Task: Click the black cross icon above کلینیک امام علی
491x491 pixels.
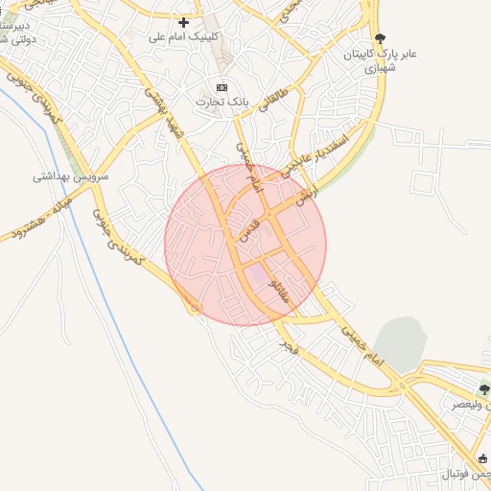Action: point(183,22)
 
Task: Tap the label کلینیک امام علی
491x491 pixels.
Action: point(184,36)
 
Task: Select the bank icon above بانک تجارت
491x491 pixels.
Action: point(222,87)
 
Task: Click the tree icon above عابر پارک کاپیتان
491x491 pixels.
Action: point(381,38)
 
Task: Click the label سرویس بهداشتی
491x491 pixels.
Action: point(70,176)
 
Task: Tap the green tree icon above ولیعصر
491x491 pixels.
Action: point(483,390)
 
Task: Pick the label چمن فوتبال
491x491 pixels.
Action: point(465,474)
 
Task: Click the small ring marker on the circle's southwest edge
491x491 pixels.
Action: point(196,308)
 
